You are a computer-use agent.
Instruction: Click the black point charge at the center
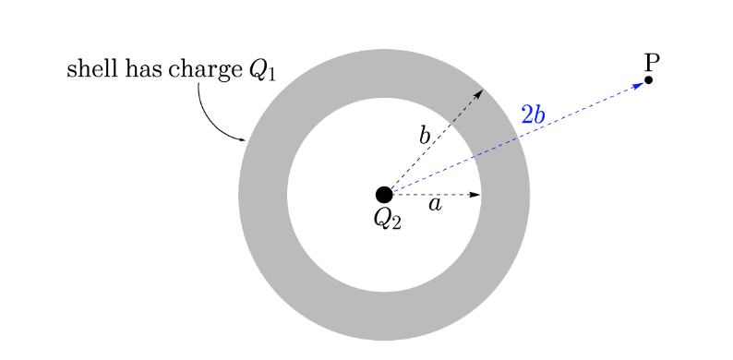point(384,195)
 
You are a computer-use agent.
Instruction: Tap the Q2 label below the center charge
point(388,219)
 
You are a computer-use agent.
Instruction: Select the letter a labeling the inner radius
point(434,206)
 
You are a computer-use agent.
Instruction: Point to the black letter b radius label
point(425,137)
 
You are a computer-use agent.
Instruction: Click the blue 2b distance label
point(533,115)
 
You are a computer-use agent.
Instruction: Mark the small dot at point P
point(649,80)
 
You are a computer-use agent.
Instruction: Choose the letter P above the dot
point(652,62)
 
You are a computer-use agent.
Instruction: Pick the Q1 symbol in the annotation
point(263,72)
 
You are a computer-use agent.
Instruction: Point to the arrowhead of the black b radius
point(478,95)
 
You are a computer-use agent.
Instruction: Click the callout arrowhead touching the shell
point(242,140)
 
